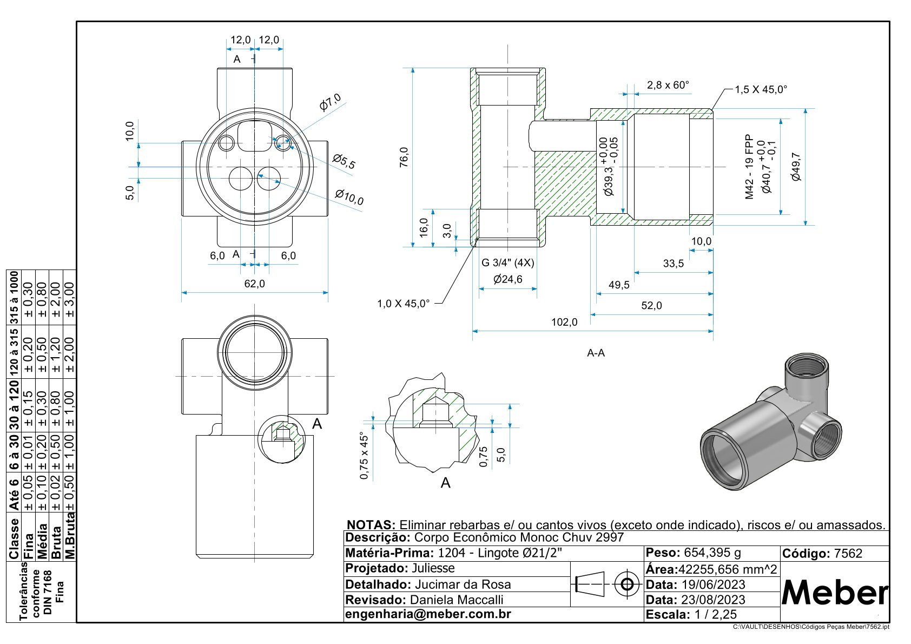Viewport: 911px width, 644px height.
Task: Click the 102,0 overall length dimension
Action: pyautogui.click(x=564, y=322)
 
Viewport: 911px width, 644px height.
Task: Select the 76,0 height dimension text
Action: pyautogui.click(x=404, y=157)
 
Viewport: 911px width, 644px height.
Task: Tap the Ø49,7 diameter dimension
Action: pyautogui.click(x=796, y=167)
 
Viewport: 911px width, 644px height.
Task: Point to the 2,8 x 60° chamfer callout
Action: pyautogui.click(x=668, y=85)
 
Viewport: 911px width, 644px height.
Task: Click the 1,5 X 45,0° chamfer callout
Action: pyautogui.click(x=761, y=89)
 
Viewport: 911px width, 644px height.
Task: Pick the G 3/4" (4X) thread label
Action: pyautogui.click(x=507, y=263)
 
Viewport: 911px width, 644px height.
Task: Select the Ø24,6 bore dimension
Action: pyautogui.click(x=507, y=279)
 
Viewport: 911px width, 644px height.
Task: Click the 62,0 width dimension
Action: pyautogui.click(x=255, y=284)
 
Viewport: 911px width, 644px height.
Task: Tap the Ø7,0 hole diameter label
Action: pyautogui.click(x=330, y=102)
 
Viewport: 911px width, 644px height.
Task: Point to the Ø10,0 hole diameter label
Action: pyautogui.click(x=349, y=198)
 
